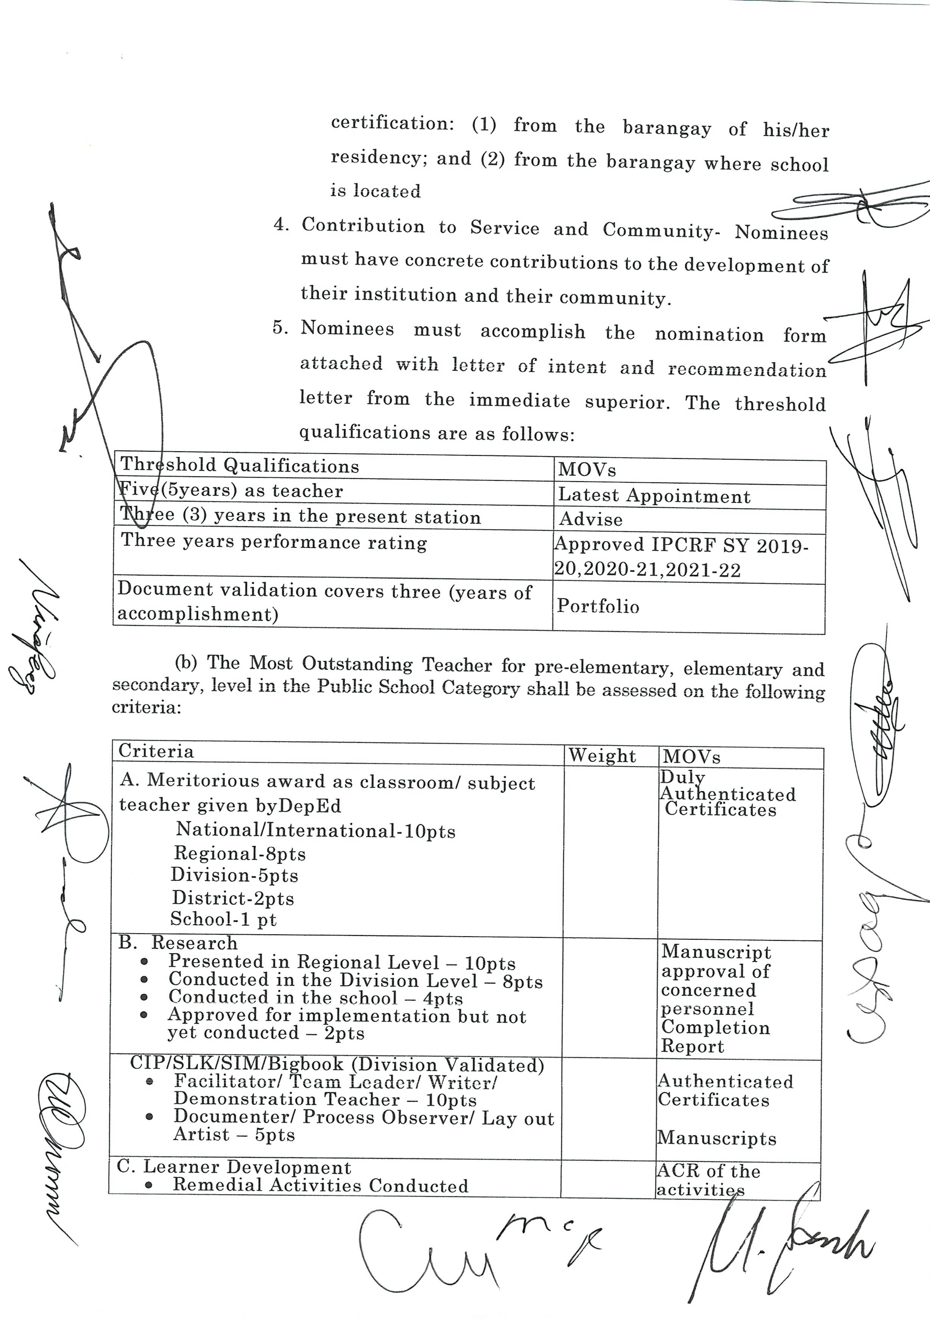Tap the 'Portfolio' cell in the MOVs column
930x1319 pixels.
[x=598, y=606]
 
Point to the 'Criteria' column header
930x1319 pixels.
[x=156, y=751]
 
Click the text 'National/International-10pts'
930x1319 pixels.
[x=315, y=831]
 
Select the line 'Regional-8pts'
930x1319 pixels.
[x=240, y=854]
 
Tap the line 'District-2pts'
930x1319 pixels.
[x=233, y=898]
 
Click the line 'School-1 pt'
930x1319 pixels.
[x=223, y=919]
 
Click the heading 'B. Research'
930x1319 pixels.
[x=178, y=943]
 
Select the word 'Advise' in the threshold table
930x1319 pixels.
[x=591, y=519]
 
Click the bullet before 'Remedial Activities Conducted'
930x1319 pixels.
[x=149, y=1186]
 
